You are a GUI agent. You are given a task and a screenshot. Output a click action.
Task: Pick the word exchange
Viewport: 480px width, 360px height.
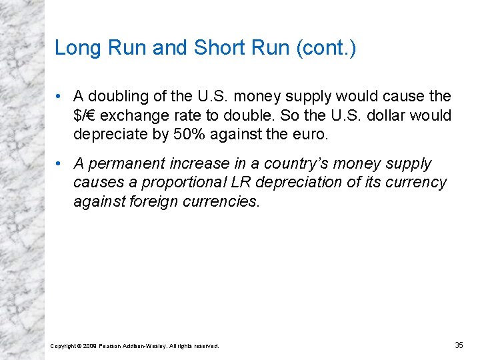tap(134, 115)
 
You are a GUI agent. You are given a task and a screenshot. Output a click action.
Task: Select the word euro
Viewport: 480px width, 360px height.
tap(309, 134)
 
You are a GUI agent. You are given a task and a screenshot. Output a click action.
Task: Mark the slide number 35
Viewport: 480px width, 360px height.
tap(459, 345)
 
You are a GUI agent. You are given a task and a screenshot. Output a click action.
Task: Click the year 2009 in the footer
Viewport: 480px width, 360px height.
tap(90, 345)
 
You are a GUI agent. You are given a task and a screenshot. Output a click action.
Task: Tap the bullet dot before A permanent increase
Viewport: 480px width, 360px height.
tap(60, 163)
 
